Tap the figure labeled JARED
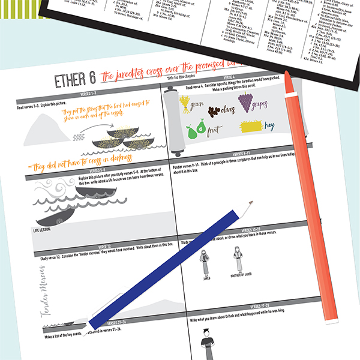(x=205, y=263)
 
